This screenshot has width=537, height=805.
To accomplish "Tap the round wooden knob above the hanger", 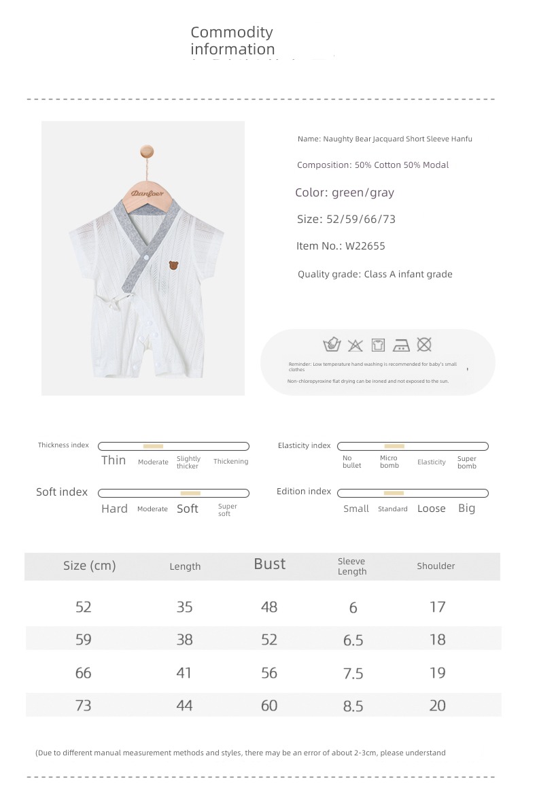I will click(147, 151).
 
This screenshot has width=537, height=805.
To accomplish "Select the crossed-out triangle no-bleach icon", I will click(355, 345).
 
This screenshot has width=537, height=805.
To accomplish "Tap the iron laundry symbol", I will click(402, 345).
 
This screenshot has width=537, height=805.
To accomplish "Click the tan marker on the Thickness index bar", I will click(153, 446).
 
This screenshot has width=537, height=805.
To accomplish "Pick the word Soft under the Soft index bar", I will click(188, 509).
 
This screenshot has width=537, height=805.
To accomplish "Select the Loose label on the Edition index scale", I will click(432, 509).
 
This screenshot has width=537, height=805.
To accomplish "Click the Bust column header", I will click(270, 564).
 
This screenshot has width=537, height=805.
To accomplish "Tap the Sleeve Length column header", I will click(352, 566).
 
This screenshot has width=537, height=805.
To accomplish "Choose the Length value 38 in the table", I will click(184, 640).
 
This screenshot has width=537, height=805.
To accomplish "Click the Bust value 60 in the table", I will click(269, 706).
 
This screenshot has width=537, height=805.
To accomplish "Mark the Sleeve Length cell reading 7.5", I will click(353, 673).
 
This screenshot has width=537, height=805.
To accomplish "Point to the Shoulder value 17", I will click(438, 606).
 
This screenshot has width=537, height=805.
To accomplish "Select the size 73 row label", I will click(84, 706).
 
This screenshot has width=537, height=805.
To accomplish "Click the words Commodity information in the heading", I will click(232, 41).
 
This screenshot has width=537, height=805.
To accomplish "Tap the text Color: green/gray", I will click(345, 192).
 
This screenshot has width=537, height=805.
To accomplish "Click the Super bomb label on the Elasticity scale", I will click(467, 462).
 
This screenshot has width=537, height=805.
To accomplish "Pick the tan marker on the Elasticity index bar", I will click(394, 446).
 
